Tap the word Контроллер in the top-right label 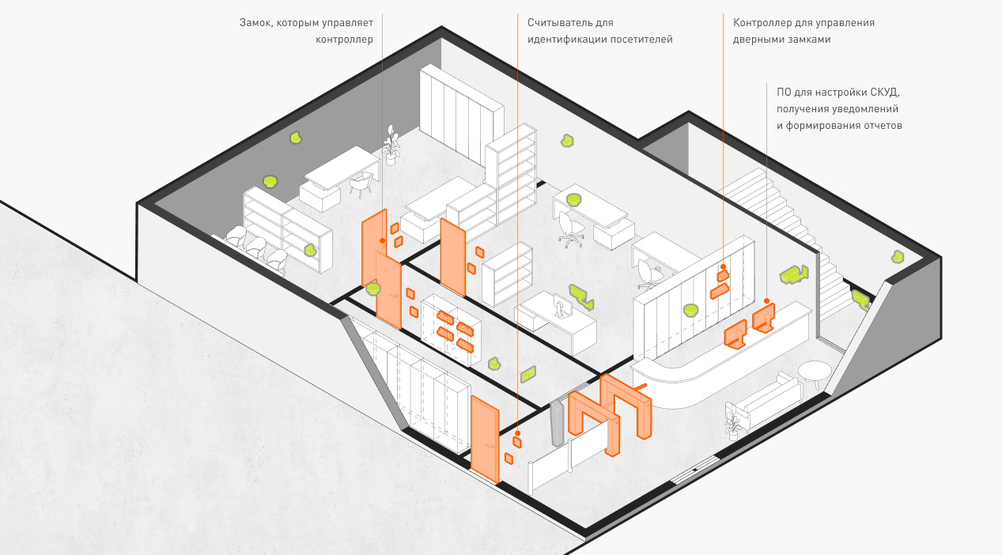762,23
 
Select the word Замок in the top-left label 255,23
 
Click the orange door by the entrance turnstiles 485,439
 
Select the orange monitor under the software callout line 764,318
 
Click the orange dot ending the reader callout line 517,433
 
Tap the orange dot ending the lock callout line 383,240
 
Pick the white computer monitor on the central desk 561,305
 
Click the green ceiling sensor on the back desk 574,199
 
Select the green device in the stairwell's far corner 898,257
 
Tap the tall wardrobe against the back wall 461,113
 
